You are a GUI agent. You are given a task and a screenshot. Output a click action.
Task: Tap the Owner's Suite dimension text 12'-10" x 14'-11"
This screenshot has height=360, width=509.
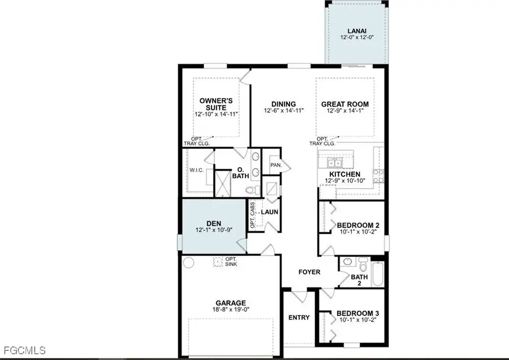pos(215,114)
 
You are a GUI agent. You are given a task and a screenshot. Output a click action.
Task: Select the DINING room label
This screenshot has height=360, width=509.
pos(283,104)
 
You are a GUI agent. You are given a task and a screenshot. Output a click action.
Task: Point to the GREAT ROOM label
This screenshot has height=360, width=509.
pos(344,104)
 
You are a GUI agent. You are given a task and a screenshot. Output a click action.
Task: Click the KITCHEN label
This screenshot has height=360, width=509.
pos(345,174)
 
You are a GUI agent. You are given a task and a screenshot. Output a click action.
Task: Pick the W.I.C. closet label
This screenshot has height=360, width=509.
pos(197,169)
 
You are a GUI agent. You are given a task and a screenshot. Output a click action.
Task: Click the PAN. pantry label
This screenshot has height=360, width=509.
pos(276,165)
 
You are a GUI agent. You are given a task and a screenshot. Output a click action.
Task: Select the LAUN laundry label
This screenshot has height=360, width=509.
pos(268,212)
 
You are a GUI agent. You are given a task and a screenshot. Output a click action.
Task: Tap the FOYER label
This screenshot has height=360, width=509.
pos(309,272)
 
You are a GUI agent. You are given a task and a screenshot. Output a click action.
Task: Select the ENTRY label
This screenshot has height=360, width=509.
pos(299,318)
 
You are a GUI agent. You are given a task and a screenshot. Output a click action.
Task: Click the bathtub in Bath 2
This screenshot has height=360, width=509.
pos(378,274)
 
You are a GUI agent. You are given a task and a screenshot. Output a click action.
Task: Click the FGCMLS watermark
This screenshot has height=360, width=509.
pos(24,351)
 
